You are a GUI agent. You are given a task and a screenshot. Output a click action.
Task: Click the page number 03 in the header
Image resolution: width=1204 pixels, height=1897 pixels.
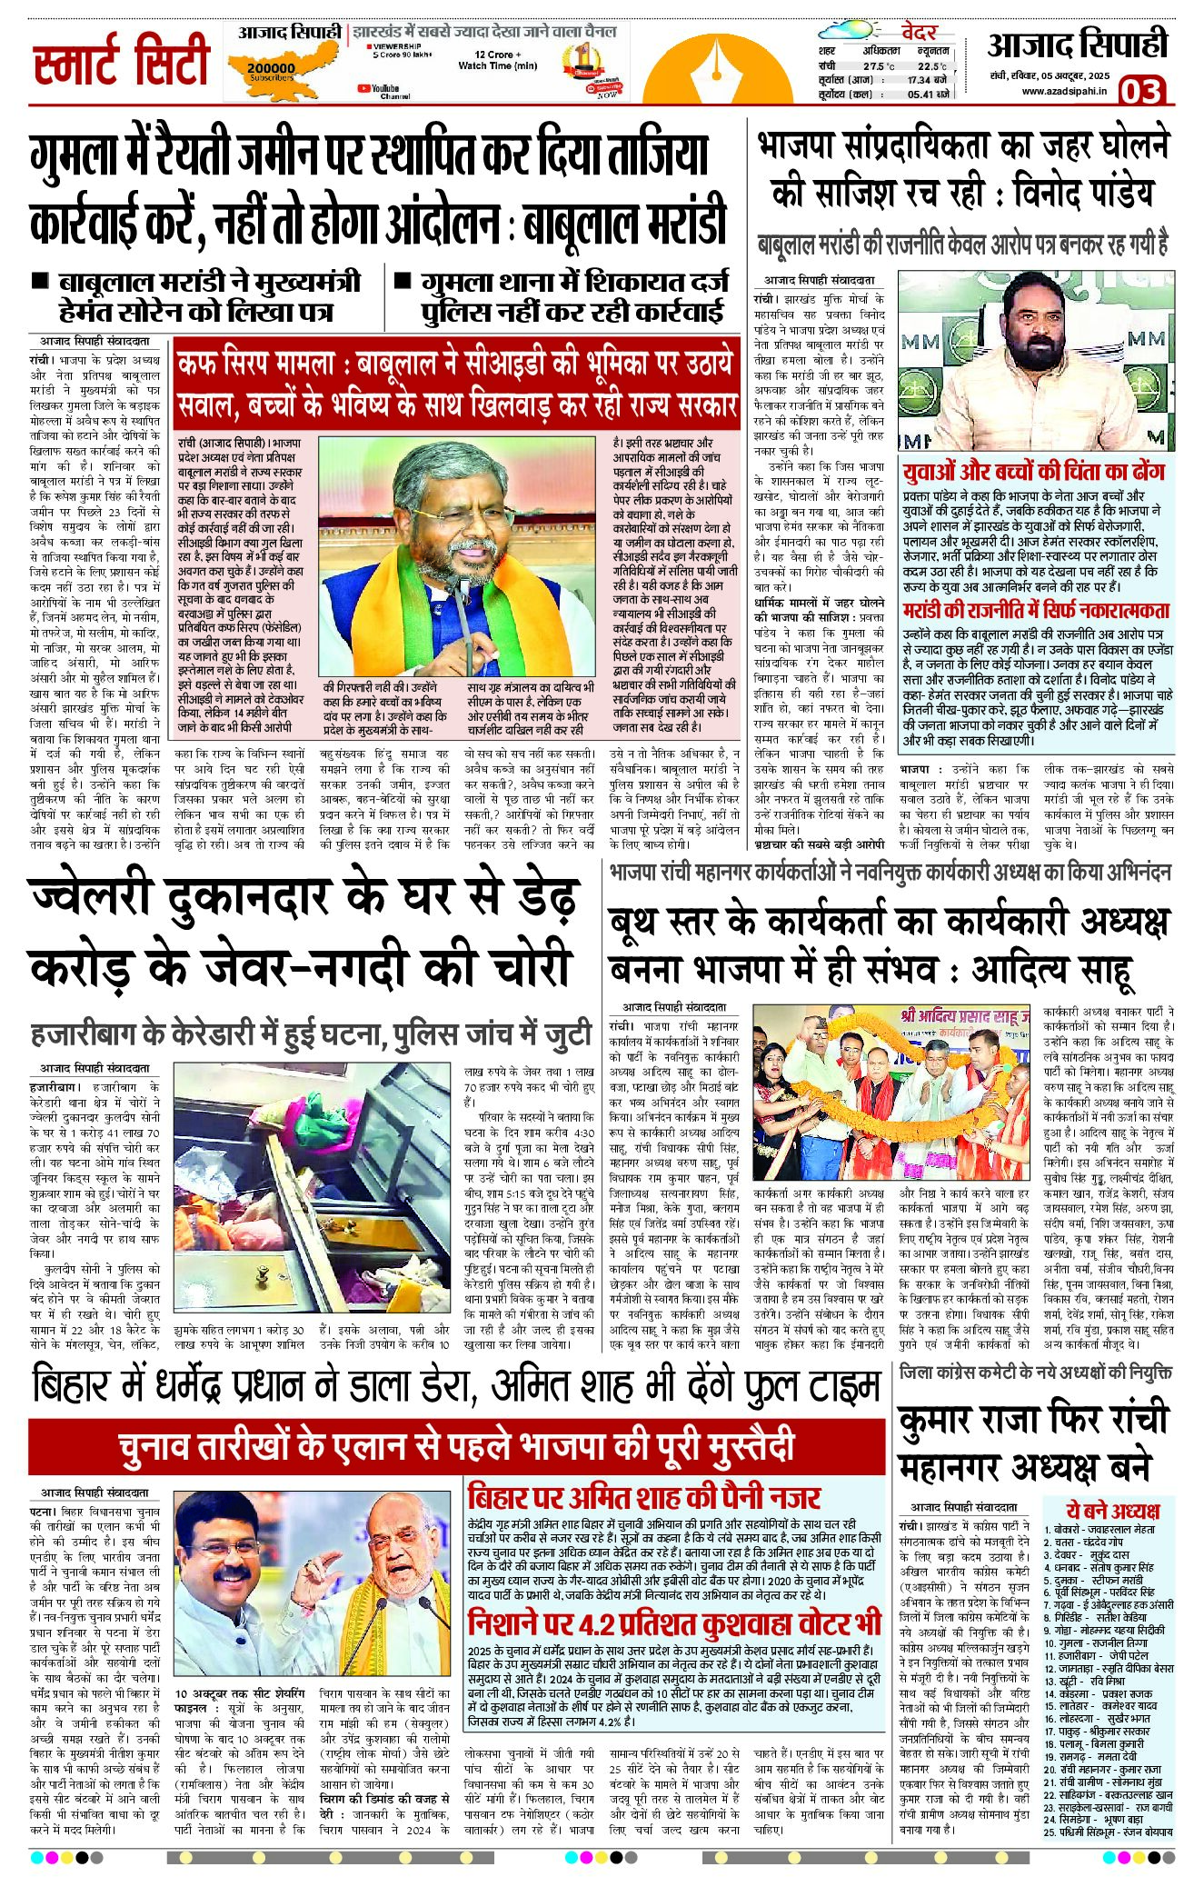coord(1140,91)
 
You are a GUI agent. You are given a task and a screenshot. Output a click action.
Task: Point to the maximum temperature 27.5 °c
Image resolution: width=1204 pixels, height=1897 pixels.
coord(879,66)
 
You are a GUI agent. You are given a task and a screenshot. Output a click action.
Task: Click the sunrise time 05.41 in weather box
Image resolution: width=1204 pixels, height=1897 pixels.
coord(920,95)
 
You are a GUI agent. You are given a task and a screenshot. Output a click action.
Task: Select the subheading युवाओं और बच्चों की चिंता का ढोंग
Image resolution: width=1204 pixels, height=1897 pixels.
coord(1033,472)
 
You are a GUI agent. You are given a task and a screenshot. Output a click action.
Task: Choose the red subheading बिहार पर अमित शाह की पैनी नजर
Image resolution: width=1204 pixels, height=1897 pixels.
coord(644,1497)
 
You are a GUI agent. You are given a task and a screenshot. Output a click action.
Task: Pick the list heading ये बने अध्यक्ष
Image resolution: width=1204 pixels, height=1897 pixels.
coord(1113,1511)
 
